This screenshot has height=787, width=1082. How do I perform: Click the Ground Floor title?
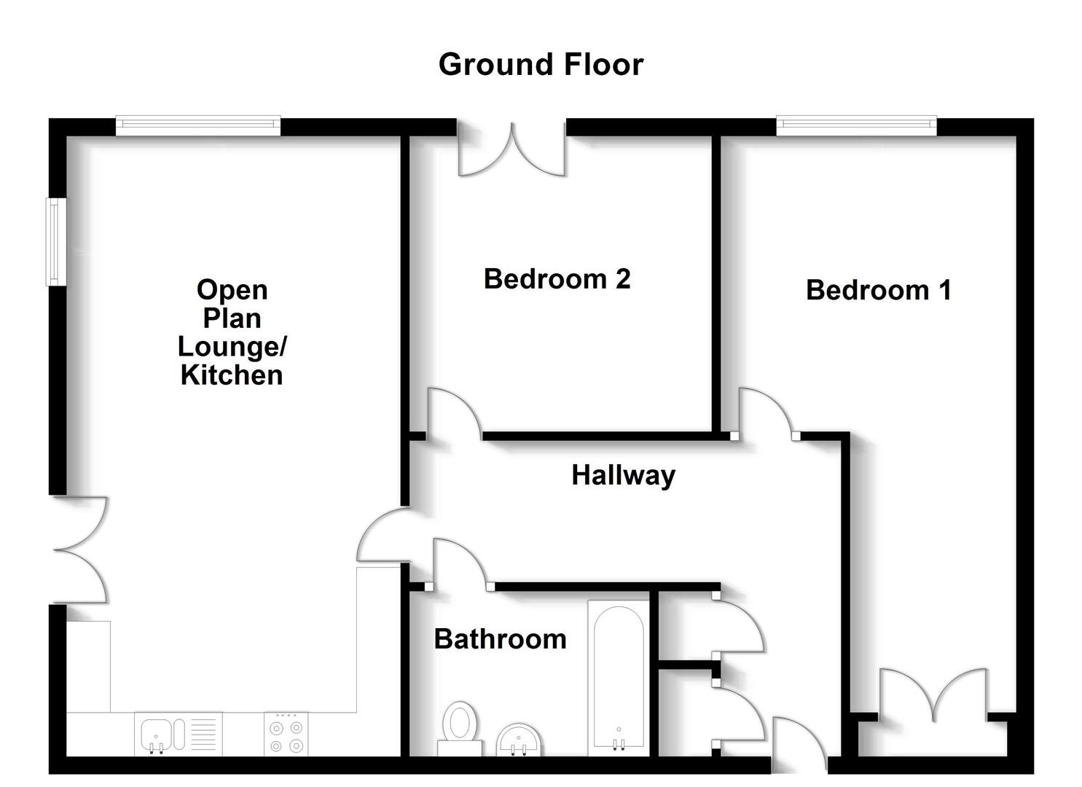[541, 64]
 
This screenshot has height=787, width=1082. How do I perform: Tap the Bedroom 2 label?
[557, 279]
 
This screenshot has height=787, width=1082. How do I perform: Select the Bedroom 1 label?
[878, 290]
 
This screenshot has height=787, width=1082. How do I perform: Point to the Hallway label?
[623, 475]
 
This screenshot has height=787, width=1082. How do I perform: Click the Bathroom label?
[500, 639]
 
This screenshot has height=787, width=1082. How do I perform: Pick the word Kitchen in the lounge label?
[232, 375]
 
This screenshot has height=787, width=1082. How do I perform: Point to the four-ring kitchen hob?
[286, 735]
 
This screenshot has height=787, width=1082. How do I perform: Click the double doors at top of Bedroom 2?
[511, 152]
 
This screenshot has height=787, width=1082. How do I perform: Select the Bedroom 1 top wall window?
[856, 126]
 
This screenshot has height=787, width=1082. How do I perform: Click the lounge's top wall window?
[197, 126]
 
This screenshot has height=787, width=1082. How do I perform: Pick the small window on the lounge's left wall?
[56, 241]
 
